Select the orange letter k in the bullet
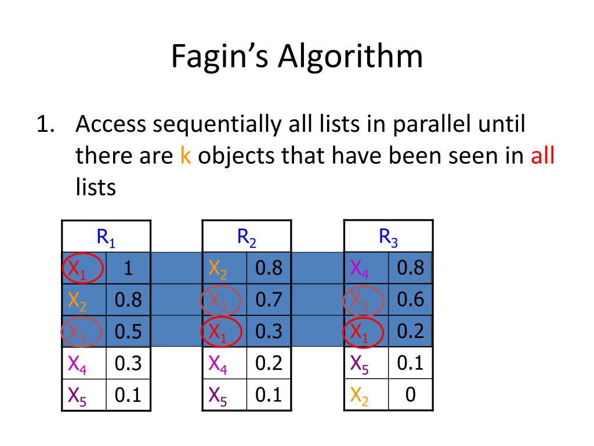(x=186, y=156)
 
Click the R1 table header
(x=106, y=236)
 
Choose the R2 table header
(x=247, y=236)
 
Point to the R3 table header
(x=389, y=236)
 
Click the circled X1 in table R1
(x=82, y=268)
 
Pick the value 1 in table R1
(x=128, y=268)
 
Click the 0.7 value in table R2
(x=269, y=300)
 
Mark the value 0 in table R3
(x=411, y=395)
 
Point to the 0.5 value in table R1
(x=128, y=332)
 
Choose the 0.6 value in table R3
(x=411, y=300)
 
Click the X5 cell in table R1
(x=83, y=395)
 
